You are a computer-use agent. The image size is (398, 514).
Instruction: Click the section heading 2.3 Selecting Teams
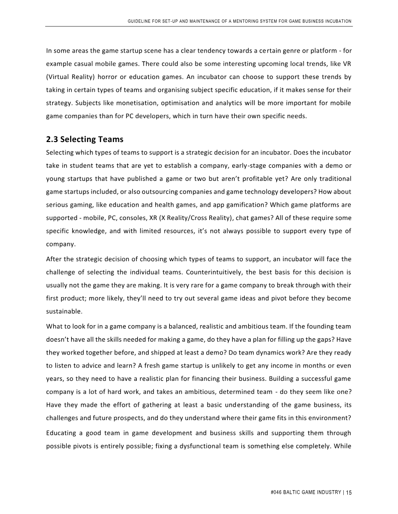pyautogui.click(x=85, y=139)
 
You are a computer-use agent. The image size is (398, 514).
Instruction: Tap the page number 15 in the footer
pyautogui.click(x=349, y=492)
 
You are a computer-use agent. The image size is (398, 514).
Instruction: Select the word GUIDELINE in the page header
pyautogui.click(x=140, y=21)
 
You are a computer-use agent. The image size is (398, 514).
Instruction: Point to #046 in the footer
pyautogui.click(x=277, y=492)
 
